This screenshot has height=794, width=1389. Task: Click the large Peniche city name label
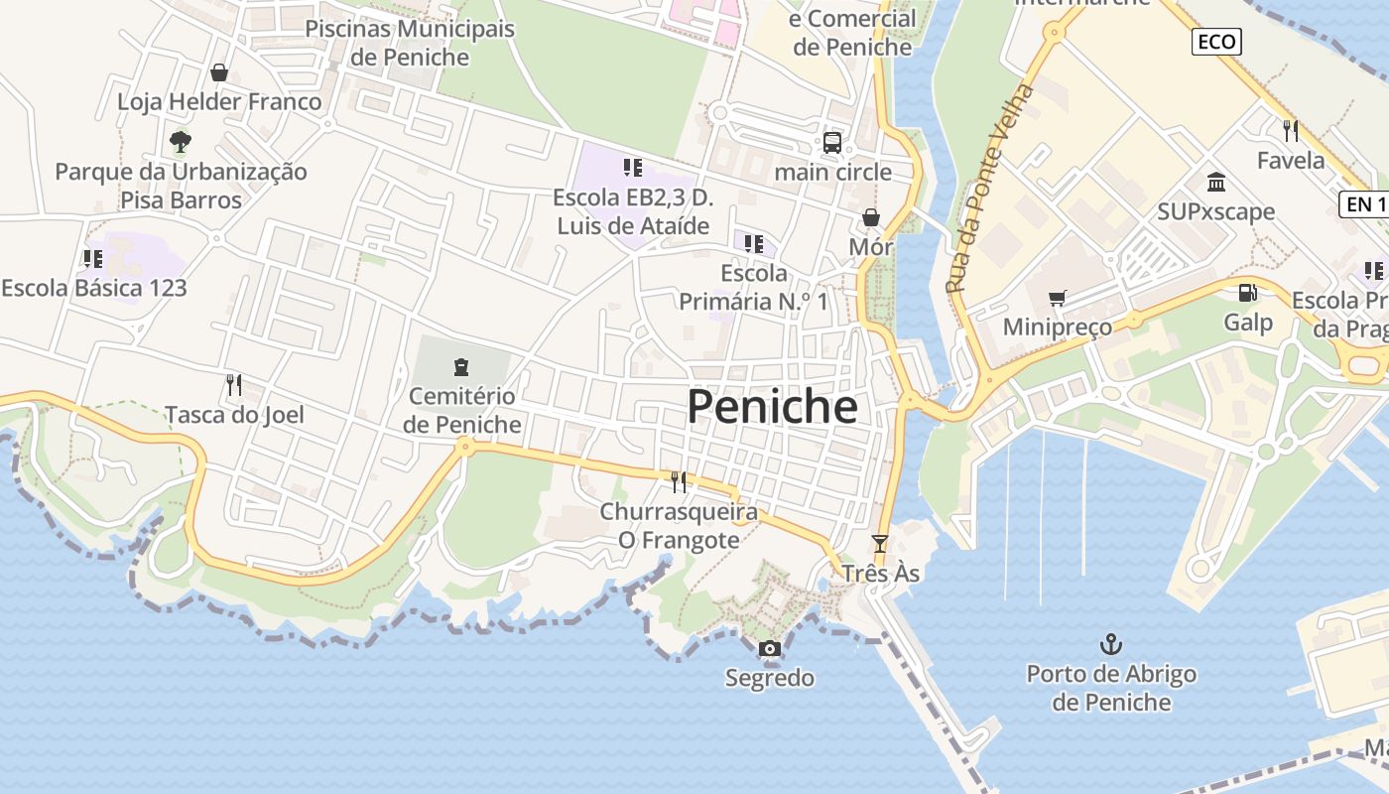tap(772, 407)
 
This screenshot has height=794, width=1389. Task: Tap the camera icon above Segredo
tap(769, 649)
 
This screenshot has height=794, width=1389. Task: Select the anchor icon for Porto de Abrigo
tap(1111, 645)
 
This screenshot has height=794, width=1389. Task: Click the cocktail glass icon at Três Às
tap(879, 544)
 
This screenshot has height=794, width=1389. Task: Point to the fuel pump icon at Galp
tap(1247, 293)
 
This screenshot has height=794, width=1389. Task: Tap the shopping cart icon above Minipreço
tap(1058, 298)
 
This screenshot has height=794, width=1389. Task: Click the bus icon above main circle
tap(832, 143)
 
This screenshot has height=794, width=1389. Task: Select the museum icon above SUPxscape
tap(1216, 182)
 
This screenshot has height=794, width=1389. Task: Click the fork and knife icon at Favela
tap(1291, 130)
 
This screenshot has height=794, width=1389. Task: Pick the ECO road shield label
tap(1216, 41)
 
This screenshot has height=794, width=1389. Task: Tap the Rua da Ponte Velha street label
tap(989, 189)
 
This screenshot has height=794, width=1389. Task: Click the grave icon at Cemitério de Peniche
tap(461, 367)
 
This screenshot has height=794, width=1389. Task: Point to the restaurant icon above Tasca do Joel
tap(234, 385)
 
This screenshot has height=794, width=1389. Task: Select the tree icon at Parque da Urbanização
tap(181, 142)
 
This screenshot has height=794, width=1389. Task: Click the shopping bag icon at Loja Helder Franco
tap(219, 72)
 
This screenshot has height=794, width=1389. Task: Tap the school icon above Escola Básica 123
tap(93, 259)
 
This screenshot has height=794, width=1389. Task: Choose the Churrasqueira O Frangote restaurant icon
tap(679, 482)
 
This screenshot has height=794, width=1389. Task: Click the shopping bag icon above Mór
tap(871, 217)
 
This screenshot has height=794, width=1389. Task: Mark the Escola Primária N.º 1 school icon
tap(754, 243)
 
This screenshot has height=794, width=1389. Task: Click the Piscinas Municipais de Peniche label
tap(410, 43)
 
